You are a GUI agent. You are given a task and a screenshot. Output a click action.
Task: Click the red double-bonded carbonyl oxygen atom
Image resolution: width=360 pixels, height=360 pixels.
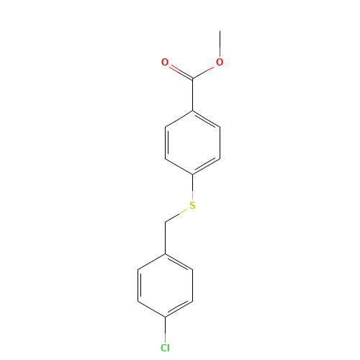(x=165, y=63)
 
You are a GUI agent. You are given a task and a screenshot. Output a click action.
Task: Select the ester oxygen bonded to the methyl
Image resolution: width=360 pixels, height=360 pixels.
(x=220, y=63)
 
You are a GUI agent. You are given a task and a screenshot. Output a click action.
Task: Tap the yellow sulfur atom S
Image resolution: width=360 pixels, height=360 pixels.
(x=192, y=206)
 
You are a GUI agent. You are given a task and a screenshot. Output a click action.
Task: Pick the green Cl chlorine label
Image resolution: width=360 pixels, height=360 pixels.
(x=165, y=348)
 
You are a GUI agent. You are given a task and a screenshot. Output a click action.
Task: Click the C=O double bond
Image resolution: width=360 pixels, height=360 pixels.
(x=179, y=71)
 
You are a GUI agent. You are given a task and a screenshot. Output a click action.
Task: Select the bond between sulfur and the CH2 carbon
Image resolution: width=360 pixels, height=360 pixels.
(x=179, y=214)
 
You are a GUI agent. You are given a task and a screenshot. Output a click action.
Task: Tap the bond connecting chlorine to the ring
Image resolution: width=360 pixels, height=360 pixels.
(x=165, y=330)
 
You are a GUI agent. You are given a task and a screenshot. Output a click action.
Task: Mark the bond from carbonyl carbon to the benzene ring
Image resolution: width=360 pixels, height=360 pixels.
(x=192, y=94)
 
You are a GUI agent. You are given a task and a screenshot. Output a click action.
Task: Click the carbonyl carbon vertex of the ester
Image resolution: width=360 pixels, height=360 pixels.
(x=192, y=78)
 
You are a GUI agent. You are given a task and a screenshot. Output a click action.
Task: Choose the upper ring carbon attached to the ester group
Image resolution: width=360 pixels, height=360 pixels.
(x=192, y=110)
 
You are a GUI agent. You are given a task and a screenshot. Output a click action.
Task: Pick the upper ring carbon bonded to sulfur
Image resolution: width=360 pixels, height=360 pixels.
(x=192, y=174)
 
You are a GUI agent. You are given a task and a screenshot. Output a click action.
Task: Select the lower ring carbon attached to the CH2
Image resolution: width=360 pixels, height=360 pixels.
(x=165, y=253)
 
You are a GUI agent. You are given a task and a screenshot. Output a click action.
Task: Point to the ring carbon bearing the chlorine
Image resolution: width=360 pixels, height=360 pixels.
(x=165, y=317)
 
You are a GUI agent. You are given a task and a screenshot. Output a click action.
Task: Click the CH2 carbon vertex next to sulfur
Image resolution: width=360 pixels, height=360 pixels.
(x=165, y=222)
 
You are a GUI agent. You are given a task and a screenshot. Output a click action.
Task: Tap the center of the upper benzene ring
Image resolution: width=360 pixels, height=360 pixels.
(x=192, y=143)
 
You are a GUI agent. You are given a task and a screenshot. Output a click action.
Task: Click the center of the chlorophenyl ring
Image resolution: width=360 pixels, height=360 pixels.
(x=165, y=285)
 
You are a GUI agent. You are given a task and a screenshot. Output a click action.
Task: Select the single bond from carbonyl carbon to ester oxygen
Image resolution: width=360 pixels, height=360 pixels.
(x=206, y=71)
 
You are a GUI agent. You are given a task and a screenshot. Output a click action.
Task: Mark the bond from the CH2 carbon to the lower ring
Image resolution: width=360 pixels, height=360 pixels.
(x=165, y=238)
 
